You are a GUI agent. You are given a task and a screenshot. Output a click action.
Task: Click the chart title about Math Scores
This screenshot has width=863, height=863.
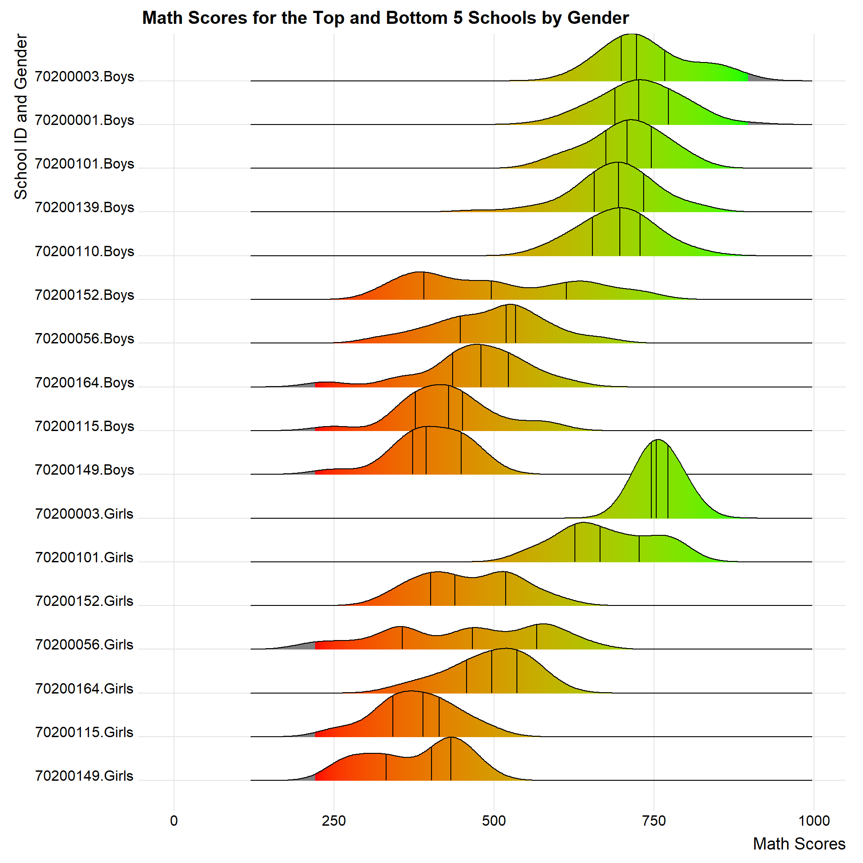(x=385, y=18)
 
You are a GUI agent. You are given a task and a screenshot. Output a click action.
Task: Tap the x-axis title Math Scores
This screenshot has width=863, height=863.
(x=799, y=844)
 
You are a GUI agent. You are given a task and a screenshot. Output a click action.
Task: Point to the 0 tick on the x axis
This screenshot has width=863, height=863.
(x=174, y=821)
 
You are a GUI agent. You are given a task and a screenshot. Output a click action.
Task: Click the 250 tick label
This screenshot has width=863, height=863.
(x=334, y=821)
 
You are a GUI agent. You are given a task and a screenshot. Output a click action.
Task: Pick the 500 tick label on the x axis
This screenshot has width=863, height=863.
(x=494, y=821)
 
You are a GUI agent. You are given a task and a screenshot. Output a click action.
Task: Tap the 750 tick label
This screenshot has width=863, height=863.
(x=654, y=821)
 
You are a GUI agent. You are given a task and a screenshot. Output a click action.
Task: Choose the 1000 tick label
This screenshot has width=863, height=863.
(x=814, y=821)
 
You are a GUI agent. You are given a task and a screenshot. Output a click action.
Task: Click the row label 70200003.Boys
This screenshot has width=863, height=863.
(x=85, y=76)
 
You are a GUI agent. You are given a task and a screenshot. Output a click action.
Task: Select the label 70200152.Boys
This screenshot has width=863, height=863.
(x=85, y=295)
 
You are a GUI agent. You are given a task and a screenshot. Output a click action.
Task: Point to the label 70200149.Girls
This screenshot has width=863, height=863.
(x=84, y=775)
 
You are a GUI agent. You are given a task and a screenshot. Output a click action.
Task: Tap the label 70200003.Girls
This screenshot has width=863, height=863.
(x=84, y=513)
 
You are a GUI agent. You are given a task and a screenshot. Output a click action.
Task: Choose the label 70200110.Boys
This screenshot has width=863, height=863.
(x=85, y=251)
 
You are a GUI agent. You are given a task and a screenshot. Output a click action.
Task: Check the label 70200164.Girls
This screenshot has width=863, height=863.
(x=84, y=688)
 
